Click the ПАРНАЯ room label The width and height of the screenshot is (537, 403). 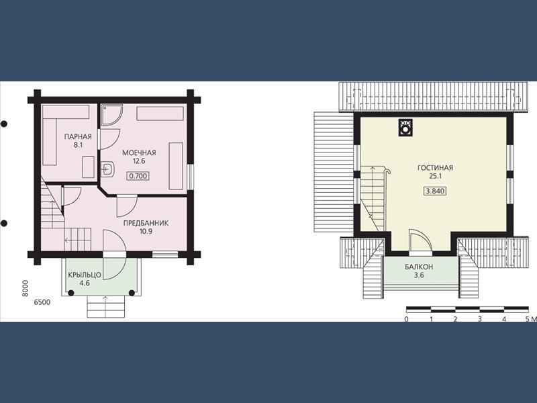coord(78,137)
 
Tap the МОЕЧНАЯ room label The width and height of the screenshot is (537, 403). coord(139,153)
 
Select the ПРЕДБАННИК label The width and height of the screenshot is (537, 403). coord(146,223)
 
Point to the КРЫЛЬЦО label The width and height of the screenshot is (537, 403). coord(85,275)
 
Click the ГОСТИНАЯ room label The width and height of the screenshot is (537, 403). coord(435,168)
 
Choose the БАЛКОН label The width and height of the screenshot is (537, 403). coord(419,267)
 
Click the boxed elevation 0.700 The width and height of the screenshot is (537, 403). coord(138,176)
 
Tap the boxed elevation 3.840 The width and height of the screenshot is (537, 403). coord(435,191)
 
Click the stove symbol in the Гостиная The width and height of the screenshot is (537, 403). coord(406,128)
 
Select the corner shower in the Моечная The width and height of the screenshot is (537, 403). coord(111,115)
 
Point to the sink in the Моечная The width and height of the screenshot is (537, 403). coord(107,169)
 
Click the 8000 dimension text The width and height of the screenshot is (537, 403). coord(25,289)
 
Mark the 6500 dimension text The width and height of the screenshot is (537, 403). coord(42,302)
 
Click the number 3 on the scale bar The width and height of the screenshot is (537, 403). coord(480,319)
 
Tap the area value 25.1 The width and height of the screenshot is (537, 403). coord(435,177)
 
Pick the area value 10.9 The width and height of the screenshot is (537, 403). coord(146,231)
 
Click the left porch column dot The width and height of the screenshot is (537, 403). coord(71,293)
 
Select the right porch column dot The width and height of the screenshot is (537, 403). coord(132,293)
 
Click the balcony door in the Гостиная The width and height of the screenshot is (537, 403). coord(421,242)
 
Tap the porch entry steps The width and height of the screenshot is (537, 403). coord(105,307)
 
